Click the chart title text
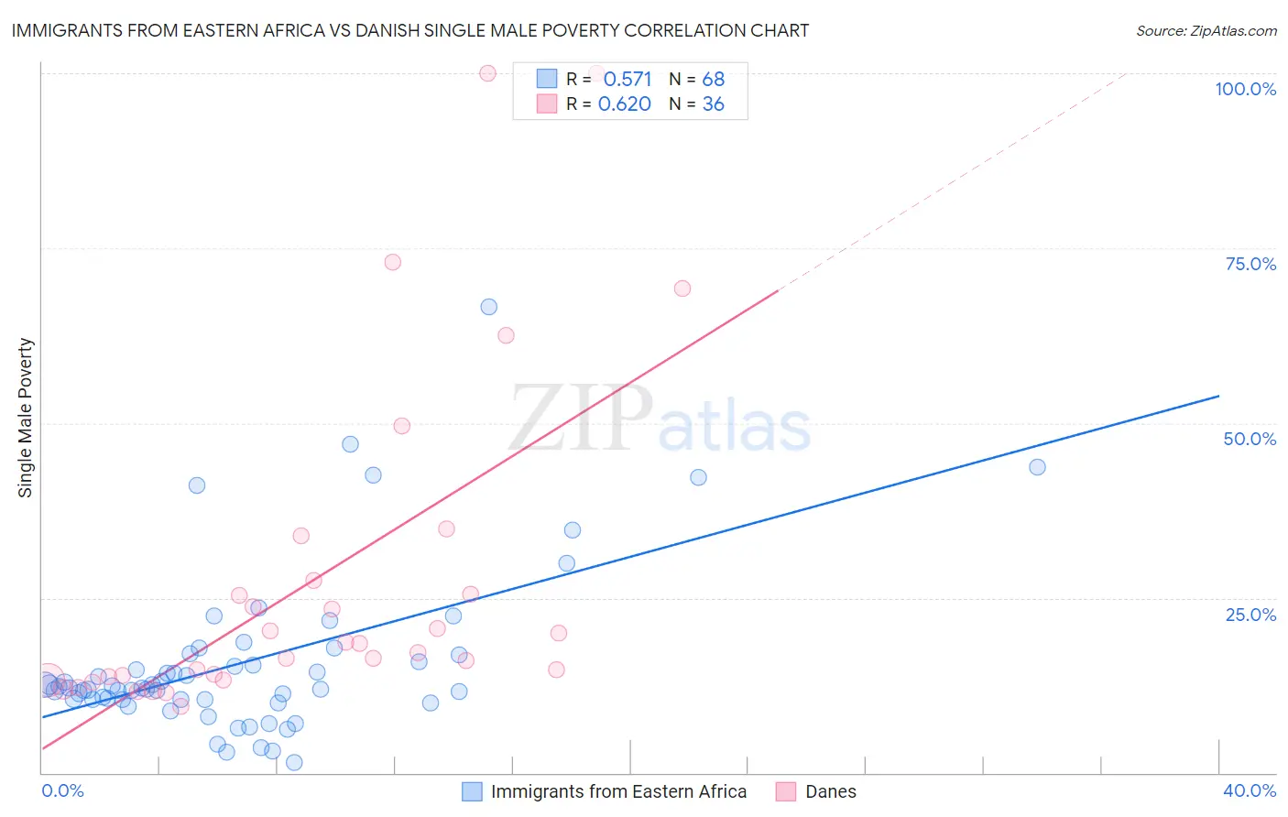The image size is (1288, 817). coord(409,30)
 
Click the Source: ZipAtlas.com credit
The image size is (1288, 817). coord(1206,31)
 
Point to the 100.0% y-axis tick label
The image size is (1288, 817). coord(1245,89)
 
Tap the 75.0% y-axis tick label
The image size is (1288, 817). coord(1250,264)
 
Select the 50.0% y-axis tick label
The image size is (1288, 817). coord(1250,439)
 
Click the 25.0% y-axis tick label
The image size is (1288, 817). coord(1250,615)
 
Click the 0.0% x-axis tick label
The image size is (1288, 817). coord(62,790)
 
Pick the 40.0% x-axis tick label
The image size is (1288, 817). coord(1249,790)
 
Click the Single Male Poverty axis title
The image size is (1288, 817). coord(26,418)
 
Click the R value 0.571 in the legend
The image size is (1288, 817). coord(628,80)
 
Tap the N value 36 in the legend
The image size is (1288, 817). coord(713,104)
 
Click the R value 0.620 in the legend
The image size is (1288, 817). coord(625,104)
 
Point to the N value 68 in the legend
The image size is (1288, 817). coord(713,80)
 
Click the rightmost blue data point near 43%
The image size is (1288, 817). coord(1037,467)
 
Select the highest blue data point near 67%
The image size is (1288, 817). coord(488,307)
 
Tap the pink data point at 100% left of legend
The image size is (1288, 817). coord(487,73)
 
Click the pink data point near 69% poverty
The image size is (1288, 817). coord(682,289)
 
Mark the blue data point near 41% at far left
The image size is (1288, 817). coord(197,485)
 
